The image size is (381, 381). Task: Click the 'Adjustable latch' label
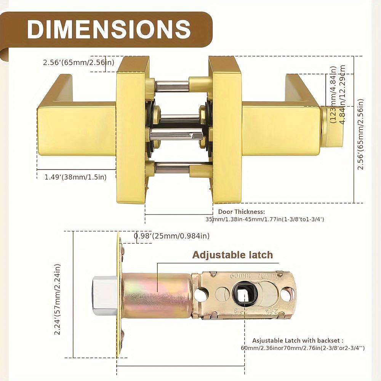pos(232,255)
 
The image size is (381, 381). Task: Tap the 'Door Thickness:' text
pos(241,211)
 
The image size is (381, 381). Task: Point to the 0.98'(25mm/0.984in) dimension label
pos(171,236)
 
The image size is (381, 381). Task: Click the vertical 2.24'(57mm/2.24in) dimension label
pos(58,294)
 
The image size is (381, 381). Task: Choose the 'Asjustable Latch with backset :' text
pos(298,340)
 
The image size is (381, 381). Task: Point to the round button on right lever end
pos(332,126)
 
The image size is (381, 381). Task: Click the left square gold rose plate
pos(131,130)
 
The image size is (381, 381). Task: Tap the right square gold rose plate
pos(227,130)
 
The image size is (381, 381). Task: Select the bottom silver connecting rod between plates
pos(171,167)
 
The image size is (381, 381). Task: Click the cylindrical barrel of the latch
pos(156,295)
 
